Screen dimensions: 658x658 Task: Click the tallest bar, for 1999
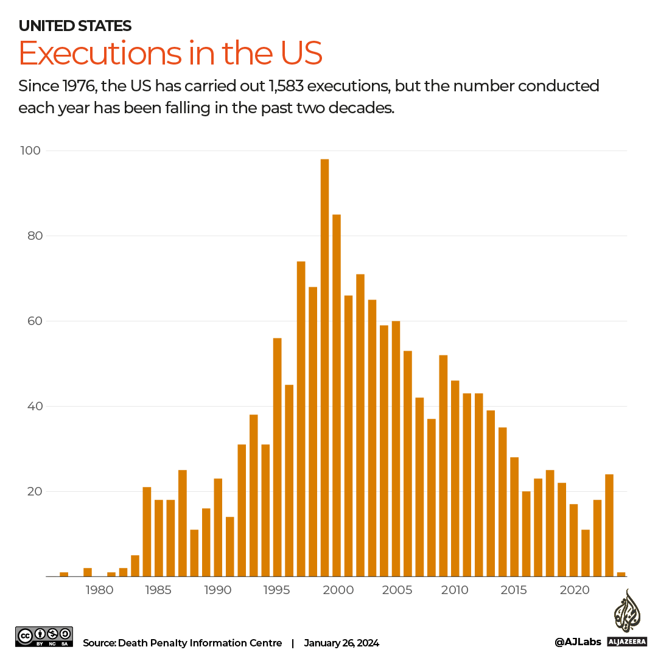(324, 368)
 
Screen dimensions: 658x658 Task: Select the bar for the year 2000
(337, 395)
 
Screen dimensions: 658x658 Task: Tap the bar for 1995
(277, 457)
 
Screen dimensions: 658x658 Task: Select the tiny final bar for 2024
(621, 574)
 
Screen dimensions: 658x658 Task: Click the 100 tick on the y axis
(33, 150)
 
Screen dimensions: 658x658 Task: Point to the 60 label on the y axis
(36, 321)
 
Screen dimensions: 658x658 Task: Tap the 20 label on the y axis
(36, 491)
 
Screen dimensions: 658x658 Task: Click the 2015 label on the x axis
(514, 590)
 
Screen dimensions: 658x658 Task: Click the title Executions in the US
(170, 54)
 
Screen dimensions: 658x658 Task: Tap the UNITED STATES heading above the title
(75, 26)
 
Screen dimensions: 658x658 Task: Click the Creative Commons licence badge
(44, 636)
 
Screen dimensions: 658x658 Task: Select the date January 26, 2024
(341, 643)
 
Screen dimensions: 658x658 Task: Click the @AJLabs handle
(578, 642)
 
